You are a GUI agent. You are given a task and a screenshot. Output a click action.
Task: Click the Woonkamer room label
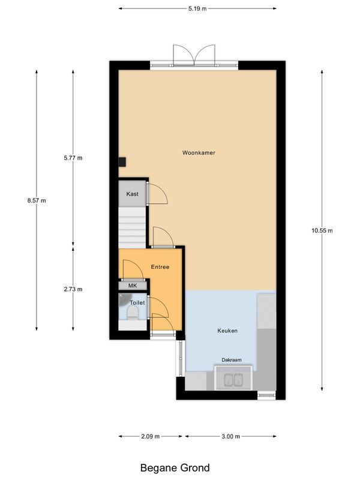199,153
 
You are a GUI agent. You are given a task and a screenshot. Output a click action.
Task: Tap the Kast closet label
132,194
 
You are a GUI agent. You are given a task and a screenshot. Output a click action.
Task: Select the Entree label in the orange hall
160,266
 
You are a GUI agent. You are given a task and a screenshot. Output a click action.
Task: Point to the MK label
133,286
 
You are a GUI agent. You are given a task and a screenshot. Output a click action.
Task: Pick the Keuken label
227,331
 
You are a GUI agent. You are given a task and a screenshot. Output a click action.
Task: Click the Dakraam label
232,360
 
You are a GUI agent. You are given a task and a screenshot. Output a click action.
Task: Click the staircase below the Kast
132,227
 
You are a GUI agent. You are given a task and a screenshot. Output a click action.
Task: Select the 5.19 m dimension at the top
197,9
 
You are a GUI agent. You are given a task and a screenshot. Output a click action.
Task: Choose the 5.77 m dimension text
73,158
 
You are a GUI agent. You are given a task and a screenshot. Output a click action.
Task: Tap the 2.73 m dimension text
73,289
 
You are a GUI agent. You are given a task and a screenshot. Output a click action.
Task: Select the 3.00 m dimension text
231,436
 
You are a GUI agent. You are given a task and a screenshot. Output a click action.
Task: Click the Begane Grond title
175,467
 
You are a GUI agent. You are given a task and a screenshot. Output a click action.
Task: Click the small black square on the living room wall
122,161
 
